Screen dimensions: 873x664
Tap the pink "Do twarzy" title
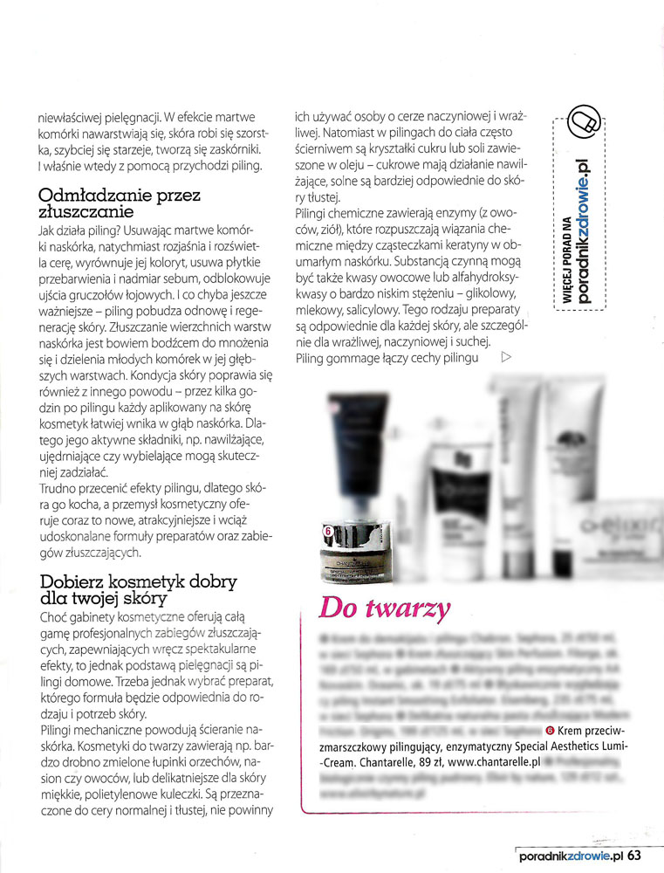click(385, 608)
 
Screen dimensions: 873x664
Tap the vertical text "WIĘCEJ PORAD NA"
click(565, 258)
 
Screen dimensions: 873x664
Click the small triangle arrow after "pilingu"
click(506, 356)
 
